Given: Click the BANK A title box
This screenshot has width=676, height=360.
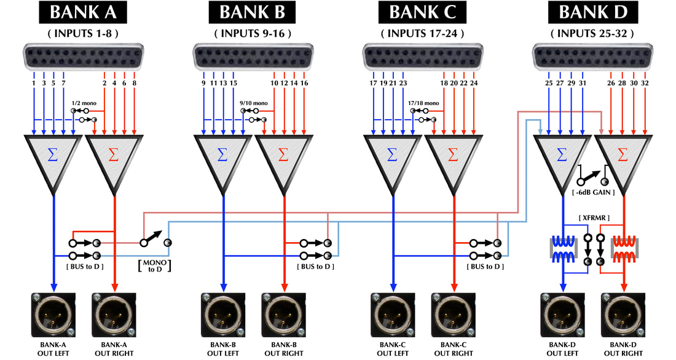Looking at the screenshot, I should click(84, 12).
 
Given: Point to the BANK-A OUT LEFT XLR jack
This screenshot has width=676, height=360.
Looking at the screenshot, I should click(54, 313).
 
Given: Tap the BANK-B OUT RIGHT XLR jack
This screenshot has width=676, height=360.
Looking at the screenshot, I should click(283, 313).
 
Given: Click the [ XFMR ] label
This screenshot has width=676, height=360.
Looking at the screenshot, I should click(594, 219).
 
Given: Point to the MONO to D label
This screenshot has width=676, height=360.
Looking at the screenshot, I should click(154, 265).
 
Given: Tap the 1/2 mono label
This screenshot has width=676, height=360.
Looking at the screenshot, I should click(84, 103).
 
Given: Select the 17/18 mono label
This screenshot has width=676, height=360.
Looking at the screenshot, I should click(423, 103).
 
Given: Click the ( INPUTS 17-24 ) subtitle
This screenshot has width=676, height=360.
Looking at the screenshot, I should click(422, 33).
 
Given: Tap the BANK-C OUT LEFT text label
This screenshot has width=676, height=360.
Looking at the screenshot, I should click(393, 349).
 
